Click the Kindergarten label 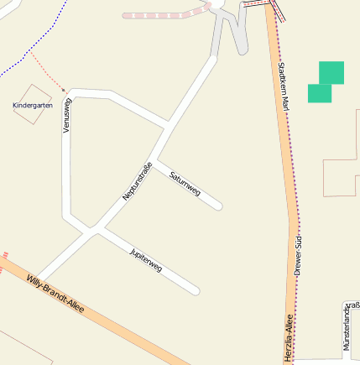pos(33,106)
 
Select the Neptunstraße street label pos(138,180)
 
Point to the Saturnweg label pos(185,183)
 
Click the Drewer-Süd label pos(298,257)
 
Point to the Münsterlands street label pos(346,326)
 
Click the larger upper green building pos(331,73)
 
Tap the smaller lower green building pos(319,93)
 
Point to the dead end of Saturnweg pos(219,206)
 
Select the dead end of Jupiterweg pos(196,291)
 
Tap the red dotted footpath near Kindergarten pos(47,71)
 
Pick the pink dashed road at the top pos(164,14)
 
